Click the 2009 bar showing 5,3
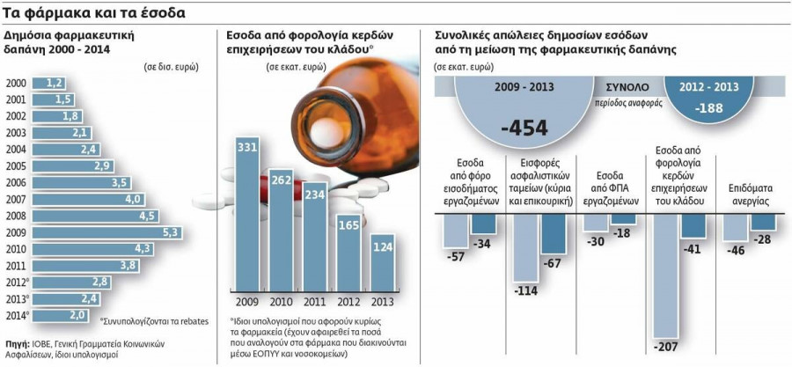106,232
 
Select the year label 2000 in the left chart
16,83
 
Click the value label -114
525,291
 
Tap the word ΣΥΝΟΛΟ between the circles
626,88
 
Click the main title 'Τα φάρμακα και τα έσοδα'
92,12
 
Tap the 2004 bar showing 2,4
67,150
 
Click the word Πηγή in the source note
17,343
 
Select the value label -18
621,232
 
